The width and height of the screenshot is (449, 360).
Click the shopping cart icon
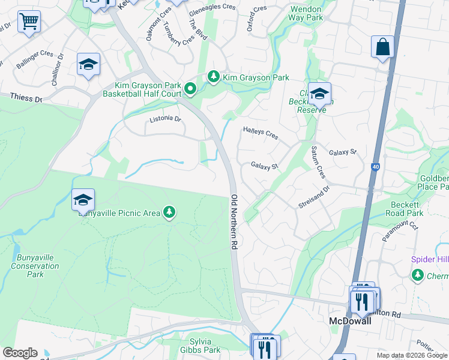(28, 22)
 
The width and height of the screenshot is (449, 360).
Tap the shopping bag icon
(382, 47)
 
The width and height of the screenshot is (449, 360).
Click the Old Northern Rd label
(234, 222)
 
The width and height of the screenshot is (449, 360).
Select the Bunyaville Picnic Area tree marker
(170, 212)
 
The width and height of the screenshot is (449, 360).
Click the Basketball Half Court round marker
(190, 89)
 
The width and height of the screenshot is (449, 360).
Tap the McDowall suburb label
(349, 321)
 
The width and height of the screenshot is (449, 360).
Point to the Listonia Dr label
(165, 119)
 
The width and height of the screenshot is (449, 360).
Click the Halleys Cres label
(260, 133)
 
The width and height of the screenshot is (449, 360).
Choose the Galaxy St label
(265, 165)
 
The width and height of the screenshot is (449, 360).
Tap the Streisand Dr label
(314, 197)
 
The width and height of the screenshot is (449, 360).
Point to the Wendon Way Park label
(306, 14)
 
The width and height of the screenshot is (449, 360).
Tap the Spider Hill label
(429, 259)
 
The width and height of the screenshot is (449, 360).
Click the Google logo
(20, 353)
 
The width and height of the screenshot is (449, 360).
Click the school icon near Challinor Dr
(88, 65)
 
